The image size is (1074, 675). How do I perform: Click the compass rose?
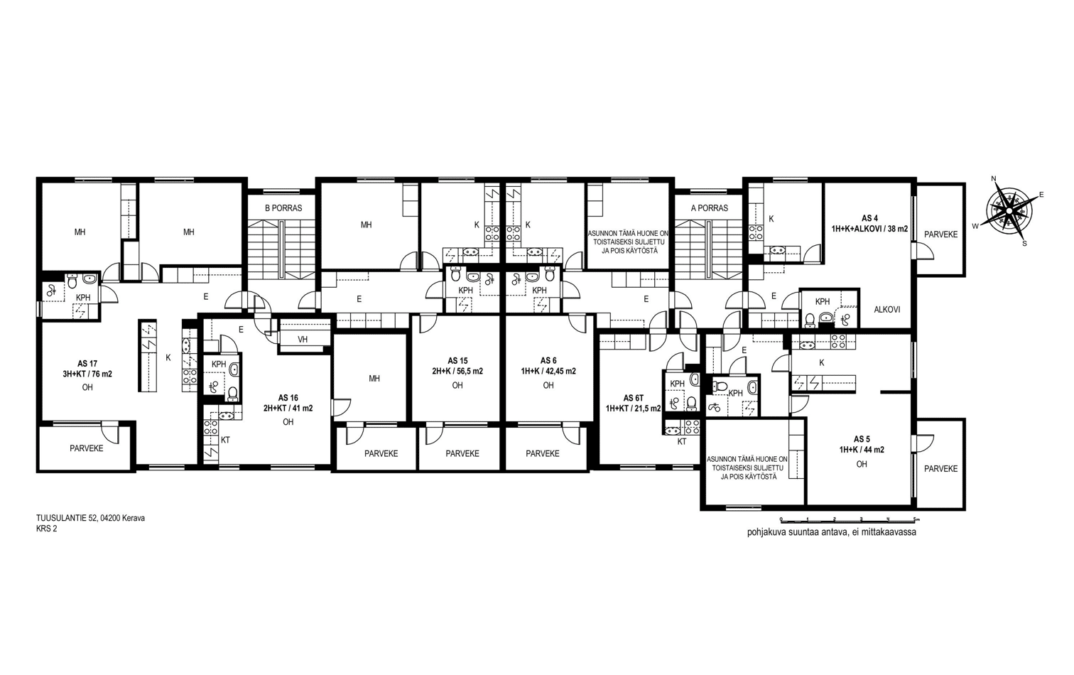[x=1009, y=210]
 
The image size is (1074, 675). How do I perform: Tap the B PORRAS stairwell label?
[x=283, y=208]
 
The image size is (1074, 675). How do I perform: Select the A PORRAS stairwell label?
[x=709, y=208]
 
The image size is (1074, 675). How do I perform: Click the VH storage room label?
[x=303, y=340]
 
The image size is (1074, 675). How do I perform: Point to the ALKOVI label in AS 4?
[x=886, y=310]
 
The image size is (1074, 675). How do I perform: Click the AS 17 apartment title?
[x=87, y=364]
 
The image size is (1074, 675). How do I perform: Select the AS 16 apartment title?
[x=288, y=398]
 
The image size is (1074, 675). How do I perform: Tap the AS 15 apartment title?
[x=457, y=361]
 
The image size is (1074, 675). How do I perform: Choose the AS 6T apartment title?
[x=634, y=398]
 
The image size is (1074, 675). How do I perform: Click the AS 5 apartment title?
[x=862, y=439]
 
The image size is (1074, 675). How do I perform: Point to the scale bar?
[x=850, y=519]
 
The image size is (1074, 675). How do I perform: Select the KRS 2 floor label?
[x=46, y=529]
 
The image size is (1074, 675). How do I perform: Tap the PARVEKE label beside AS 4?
[x=940, y=234]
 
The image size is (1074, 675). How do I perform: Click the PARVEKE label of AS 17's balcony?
[x=87, y=448]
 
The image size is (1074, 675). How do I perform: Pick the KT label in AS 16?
[x=225, y=439]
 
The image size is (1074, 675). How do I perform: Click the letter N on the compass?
[x=994, y=179]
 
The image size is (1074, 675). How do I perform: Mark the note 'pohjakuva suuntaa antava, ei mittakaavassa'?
[x=831, y=532]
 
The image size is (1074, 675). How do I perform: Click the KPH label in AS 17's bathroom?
[x=83, y=298]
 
